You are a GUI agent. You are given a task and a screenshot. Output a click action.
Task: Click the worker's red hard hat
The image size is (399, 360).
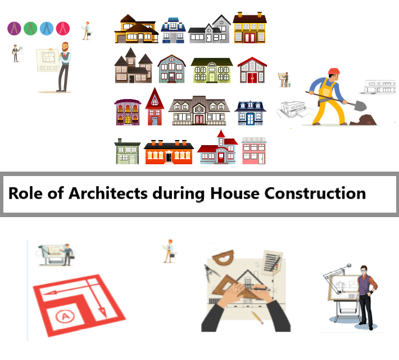(x=334, y=71)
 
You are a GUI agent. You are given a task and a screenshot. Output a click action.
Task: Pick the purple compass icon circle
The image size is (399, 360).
(x=14, y=28)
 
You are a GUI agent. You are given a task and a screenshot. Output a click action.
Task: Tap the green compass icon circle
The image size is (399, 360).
(x=30, y=28)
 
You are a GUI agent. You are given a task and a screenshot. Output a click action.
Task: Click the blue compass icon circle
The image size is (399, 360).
(x=47, y=28)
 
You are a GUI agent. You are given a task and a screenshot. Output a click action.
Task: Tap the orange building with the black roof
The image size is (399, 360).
(x=169, y=152)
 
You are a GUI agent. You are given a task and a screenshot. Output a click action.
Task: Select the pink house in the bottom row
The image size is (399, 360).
(x=254, y=151)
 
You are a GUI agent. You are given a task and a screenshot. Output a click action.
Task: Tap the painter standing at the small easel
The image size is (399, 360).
(x=284, y=79)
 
